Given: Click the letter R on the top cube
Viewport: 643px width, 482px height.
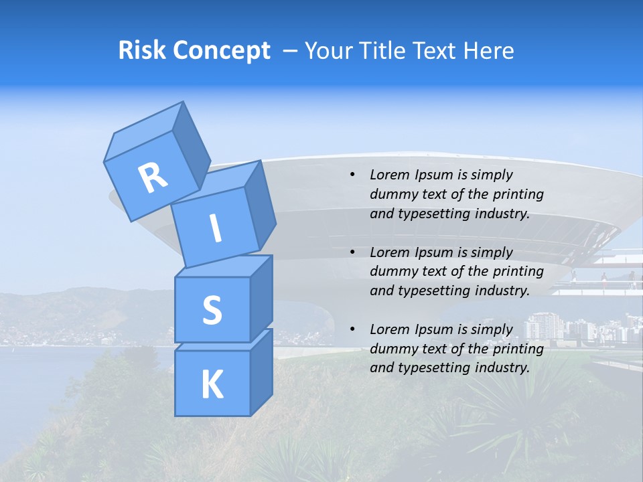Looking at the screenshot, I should click(x=153, y=178).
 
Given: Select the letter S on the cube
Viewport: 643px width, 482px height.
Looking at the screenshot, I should click(x=212, y=310).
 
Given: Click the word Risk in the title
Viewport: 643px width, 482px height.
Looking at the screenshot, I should click(x=142, y=50).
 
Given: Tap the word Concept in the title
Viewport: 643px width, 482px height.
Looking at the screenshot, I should click(x=221, y=50).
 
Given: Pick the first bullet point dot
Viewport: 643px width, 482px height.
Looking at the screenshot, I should click(x=353, y=175).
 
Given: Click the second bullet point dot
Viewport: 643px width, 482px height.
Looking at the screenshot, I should click(x=353, y=252).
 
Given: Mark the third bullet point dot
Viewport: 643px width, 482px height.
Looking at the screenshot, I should click(x=353, y=329).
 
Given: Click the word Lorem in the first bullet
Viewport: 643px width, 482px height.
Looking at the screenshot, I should click(x=389, y=175).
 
